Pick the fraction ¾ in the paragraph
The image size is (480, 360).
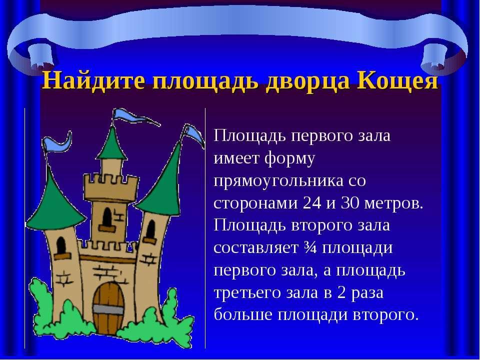(x=309, y=247)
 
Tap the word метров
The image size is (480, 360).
(x=393, y=203)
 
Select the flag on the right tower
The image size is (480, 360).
(x=193, y=135)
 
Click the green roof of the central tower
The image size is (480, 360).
(x=112, y=144)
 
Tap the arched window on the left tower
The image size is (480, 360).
(x=61, y=245)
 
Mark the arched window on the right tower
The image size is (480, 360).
(x=150, y=229)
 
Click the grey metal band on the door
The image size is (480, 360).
(x=108, y=309)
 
